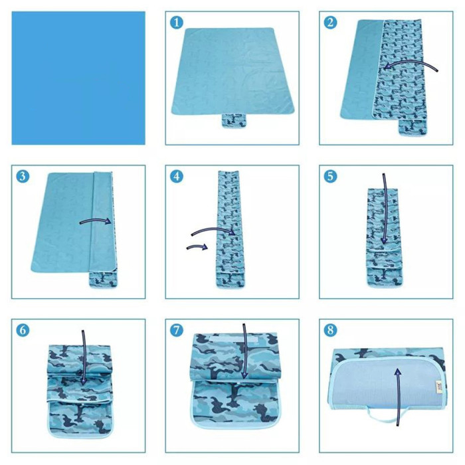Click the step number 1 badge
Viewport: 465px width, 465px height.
point(177,23)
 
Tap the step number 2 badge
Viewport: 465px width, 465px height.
point(330,23)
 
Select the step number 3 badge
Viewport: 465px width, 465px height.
point(23,177)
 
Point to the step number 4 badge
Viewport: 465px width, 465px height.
point(177,177)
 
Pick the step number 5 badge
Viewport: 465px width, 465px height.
point(330,177)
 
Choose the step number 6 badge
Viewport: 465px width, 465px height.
point(23,330)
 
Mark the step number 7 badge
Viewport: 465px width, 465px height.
point(177,330)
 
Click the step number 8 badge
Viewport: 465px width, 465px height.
point(330,330)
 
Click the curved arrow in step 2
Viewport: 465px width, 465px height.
point(411,62)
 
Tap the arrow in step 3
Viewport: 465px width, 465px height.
point(96,221)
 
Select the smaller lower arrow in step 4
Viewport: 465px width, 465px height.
point(197,246)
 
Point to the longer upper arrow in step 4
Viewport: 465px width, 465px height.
point(213,229)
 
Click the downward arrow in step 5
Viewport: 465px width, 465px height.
point(385,209)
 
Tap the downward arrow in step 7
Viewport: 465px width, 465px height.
point(244,351)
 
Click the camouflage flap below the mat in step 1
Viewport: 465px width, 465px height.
point(234,121)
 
